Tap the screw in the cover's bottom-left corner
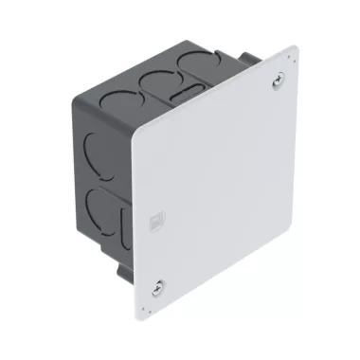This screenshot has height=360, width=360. click(x=157, y=285)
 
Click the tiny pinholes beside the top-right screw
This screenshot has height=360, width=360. click(x=285, y=91)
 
